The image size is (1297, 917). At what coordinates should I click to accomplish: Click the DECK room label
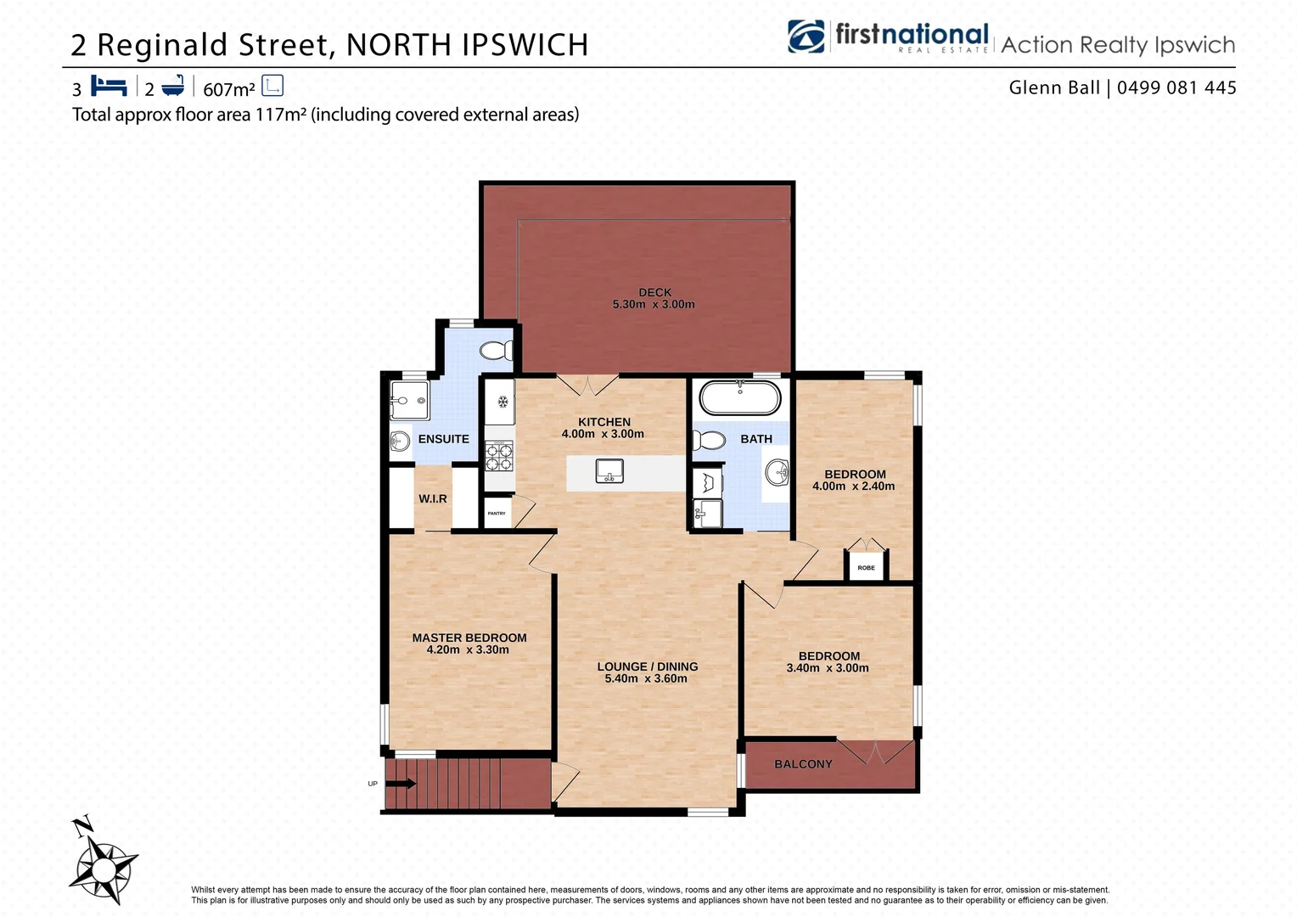pos(654,292)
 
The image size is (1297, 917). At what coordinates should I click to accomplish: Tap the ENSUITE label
pos(443,439)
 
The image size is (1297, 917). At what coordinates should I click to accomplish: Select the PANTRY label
pos(497,514)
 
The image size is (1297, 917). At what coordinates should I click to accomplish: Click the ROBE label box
pos(866,567)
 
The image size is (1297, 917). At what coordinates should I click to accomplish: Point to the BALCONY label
pos(803,764)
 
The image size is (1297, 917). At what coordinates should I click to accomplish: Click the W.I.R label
pos(432,498)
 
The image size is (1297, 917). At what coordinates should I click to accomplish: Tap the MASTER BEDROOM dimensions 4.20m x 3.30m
pos(468,650)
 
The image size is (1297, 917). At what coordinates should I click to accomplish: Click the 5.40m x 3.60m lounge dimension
pos(646,678)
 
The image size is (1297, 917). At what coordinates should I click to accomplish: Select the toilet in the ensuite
pos(496,350)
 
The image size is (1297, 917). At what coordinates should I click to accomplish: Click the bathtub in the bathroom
pos(739,397)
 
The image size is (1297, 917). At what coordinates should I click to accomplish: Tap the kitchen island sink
pos(609,470)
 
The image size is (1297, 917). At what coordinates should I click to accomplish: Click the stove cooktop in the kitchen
pos(499,456)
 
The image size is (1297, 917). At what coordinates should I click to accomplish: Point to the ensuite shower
pos(409,400)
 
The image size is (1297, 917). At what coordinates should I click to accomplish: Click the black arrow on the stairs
pos(401,784)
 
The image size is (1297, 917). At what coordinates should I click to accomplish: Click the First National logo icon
pos(806,37)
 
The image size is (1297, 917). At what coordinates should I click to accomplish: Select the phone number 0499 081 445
pos(1176,87)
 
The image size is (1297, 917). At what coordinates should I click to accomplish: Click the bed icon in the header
pos(109,87)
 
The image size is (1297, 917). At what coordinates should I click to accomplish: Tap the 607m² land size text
pos(229,89)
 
